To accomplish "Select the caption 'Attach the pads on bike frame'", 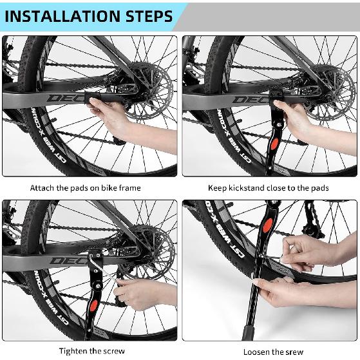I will click(x=85, y=188).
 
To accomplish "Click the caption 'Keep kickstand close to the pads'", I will click(x=268, y=188).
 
